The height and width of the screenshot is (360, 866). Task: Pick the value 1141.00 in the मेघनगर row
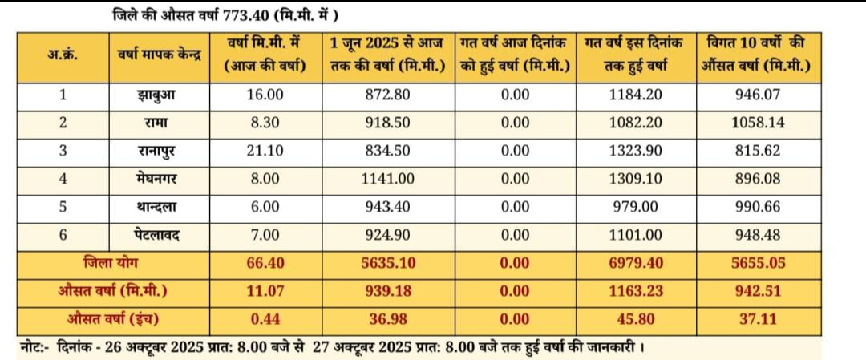coord(388,178)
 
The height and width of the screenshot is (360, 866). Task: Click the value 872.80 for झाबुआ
coord(388,95)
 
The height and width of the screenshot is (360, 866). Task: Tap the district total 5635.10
coord(388,262)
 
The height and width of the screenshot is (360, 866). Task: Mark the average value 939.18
coord(388,290)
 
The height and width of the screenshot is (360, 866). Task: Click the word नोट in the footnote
coord(33,347)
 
